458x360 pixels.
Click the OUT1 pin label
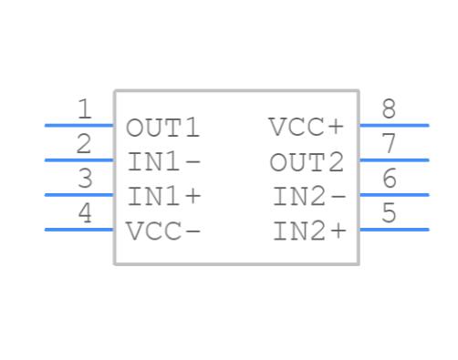(162, 128)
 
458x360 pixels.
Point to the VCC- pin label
(163, 231)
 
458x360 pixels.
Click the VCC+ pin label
(307, 128)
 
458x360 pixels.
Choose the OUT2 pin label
(307, 162)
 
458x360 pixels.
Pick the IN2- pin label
(309, 197)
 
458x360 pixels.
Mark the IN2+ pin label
(309, 231)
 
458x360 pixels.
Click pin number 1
(85, 110)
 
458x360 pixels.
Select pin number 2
(85, 144)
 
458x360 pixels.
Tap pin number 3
(85, 179)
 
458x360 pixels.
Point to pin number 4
(85, 213)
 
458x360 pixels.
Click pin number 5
(390, 213)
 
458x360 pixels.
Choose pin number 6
(390, 179)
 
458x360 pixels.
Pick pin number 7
(390, 144)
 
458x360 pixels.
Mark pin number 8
(390, 110)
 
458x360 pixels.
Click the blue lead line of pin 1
(79, 125)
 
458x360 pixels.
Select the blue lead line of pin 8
(394, 125)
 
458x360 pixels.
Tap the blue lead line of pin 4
(79, 229)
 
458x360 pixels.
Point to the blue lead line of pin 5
(394, 229)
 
